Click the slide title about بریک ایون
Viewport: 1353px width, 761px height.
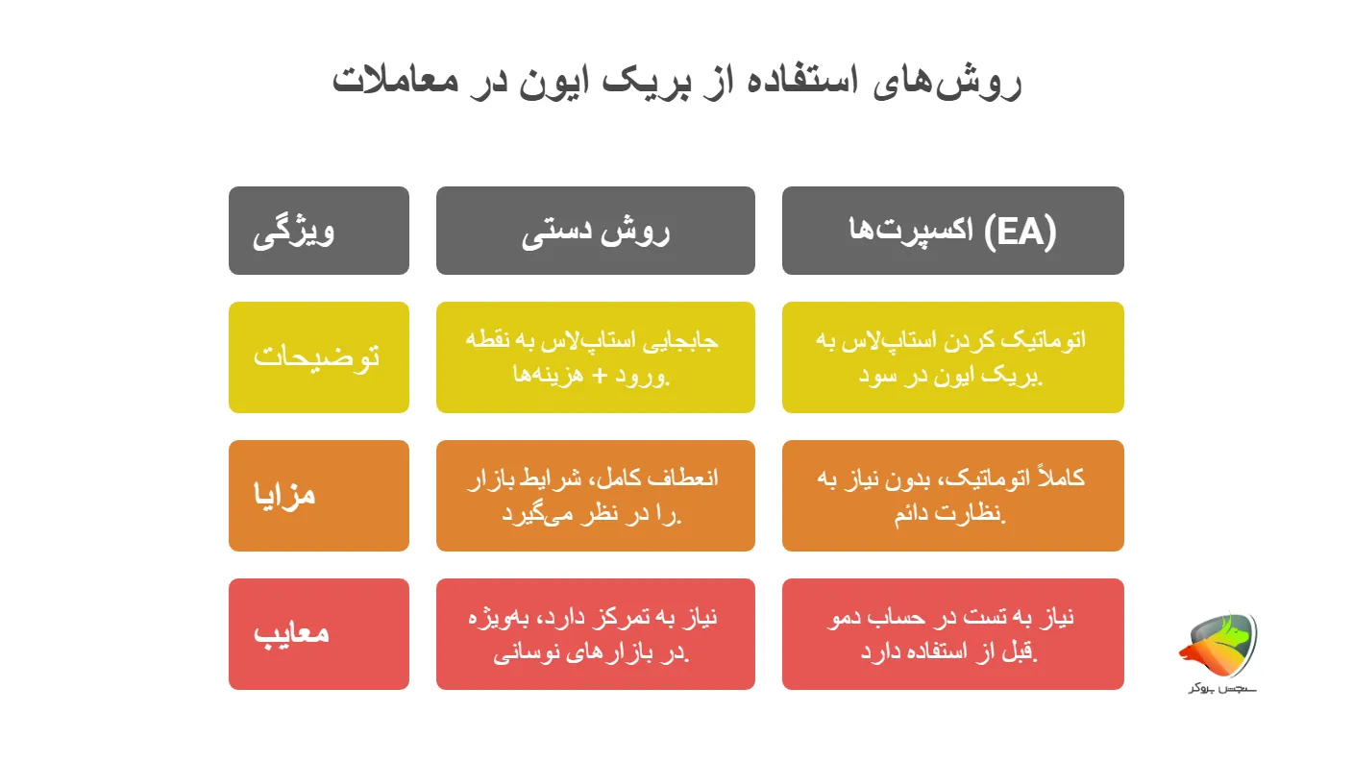pyautogui.click(x=676, y=81)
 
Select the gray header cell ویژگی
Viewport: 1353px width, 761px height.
pyautogui.click(x=319, y=231)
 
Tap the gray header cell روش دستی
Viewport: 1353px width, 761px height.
pyautogui.click(x=596, y=231)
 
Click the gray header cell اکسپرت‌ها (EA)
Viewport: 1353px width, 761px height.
pyautogui.click(x=953, y=231)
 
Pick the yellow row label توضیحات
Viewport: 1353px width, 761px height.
pyautogui.click(x=319, y=357)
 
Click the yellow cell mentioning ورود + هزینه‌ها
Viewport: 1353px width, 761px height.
pyautogui.click(x=596, y=357)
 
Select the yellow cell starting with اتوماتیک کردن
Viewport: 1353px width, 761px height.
pyautogui.click(x=953, y=357)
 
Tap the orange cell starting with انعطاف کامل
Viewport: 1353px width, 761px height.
pyautogui.click(x=596, y=496)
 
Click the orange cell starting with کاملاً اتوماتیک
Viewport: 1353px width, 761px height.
pyautogui.click(x=953, y=496)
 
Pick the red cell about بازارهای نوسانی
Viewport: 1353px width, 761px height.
pyautogui.click(x=596, y=634)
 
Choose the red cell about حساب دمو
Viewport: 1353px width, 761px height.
pyautogui.click(x=953, y=634)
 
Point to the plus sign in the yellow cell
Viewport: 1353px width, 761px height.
pyautogui.click(x=601, y=376)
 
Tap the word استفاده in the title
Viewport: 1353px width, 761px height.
pyautogui.click(x=805, y=81)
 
